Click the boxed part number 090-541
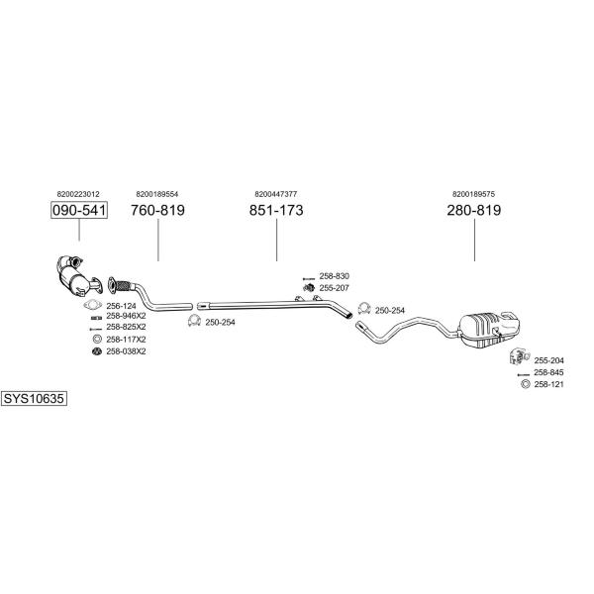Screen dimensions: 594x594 pos(79,210)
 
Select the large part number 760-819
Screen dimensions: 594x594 pos(157,210)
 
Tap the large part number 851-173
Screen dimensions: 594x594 pos(276,210)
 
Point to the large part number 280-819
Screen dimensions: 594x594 pos(474,210)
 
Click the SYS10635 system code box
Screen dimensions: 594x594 pos(34,399)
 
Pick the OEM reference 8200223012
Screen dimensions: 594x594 pos(78,194)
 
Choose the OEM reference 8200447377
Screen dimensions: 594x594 pos(276,194)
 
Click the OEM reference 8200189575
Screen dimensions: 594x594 pos(473,194)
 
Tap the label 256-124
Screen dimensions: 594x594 pos(121,306)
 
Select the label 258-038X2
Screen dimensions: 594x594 pos(126,351)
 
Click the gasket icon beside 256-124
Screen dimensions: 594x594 pos(93,305)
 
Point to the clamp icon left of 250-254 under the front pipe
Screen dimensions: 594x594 pos(194,321)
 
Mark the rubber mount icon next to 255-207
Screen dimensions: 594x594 pos(309,288)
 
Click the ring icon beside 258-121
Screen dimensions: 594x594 pos(525,384)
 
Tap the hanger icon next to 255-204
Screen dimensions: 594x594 pos(519,356)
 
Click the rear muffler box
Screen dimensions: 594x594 pos(489,329)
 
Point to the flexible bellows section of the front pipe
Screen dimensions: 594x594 pos(123,286)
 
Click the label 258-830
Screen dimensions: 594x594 pos(335,276)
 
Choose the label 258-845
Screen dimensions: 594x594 pos(548,372)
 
